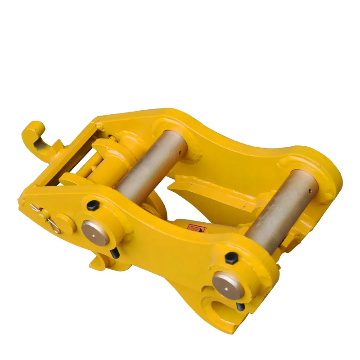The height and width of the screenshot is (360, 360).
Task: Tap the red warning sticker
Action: tap(196, 229)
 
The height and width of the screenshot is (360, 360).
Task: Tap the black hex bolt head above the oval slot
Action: tap(231, 258)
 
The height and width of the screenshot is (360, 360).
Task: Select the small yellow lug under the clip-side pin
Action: tap(97, 261)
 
